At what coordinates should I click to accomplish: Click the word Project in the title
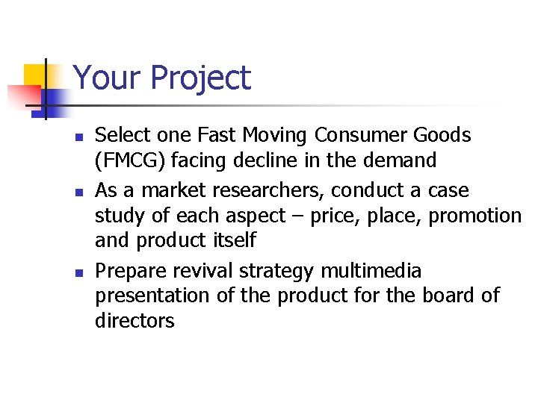click(200, 78)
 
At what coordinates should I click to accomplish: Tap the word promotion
click(475, 216)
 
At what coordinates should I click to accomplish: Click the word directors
click(134, 321)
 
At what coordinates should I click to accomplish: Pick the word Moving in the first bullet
click(272, 135)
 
